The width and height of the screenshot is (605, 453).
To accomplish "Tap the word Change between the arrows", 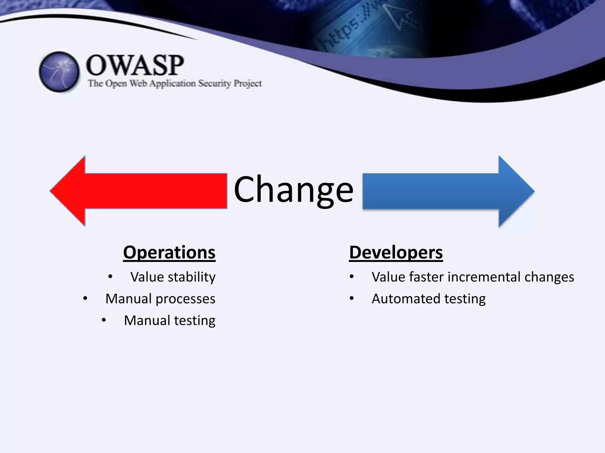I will click(x=293, y=189).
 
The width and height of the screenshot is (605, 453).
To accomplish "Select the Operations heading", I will click(x=169, y=253).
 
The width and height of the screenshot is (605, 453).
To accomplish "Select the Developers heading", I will click(x=396, y=253).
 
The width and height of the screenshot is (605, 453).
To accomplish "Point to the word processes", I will click(x=186, y=299).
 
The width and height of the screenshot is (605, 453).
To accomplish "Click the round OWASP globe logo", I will click(x=59, y=72).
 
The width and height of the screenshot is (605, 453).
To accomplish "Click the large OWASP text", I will click(x=135, y=65).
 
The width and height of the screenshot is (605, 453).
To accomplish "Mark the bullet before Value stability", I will click(x=110, y=277).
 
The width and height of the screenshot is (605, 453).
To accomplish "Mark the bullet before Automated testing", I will click(x=352, y=298).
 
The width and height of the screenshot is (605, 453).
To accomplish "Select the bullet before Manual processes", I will click(x=85, y=298).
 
